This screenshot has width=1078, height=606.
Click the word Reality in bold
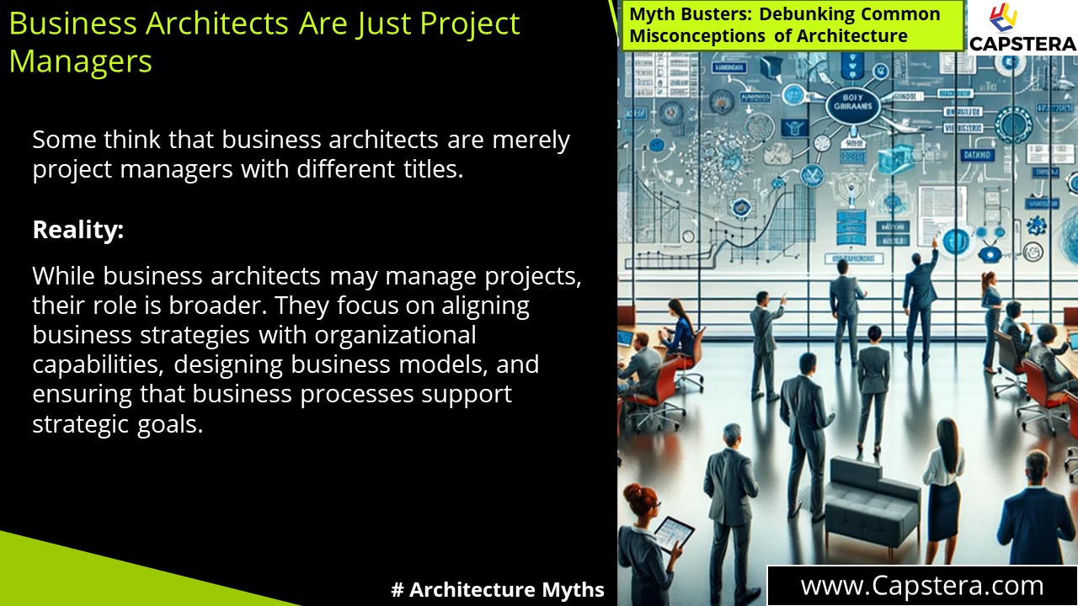coord(77,230)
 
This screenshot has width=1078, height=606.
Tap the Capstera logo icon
coord(1005,19)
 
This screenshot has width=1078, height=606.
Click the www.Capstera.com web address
coord(921,585)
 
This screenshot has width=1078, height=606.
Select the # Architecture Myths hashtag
coord(498,590)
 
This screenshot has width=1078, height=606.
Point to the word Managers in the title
coord(80,61)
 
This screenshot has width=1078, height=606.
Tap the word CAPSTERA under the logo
coord(1022,44)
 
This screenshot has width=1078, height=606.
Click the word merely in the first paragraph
coord(531,140)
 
